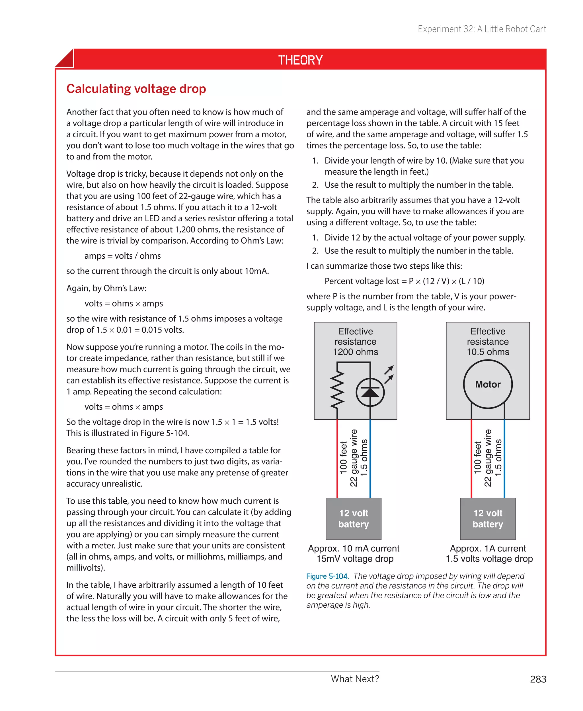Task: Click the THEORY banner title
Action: [300, 60]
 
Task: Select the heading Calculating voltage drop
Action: [136, 89]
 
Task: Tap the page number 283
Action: [538, 679]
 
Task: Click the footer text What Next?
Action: [355, 679]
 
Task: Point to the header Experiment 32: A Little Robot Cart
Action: [482, 29]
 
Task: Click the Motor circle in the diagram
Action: [488, 384]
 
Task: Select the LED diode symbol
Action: [370, 392]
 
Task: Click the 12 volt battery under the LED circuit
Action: [354, 518]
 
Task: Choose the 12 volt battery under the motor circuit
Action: [488, 518]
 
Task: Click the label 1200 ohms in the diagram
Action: [355, 352]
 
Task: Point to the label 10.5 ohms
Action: [488, 352]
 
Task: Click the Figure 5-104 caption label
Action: [327, 576]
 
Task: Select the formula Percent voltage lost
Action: [404, 281]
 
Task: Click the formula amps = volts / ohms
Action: [123, 256]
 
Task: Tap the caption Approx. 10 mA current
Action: [354, 548]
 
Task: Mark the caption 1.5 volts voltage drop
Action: [489, 559]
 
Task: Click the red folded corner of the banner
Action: [65, 59]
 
